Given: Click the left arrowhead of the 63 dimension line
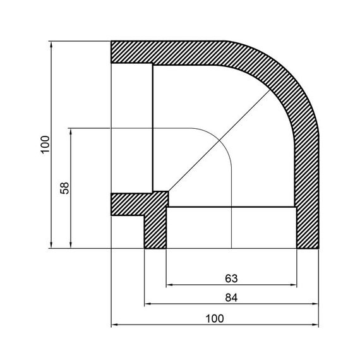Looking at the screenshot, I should coord(170,285).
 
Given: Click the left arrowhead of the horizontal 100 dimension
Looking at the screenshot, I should coord(115,325).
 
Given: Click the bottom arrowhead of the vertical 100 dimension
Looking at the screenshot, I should coord(51,244).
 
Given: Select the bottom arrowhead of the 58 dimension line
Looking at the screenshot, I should coord(71,244).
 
